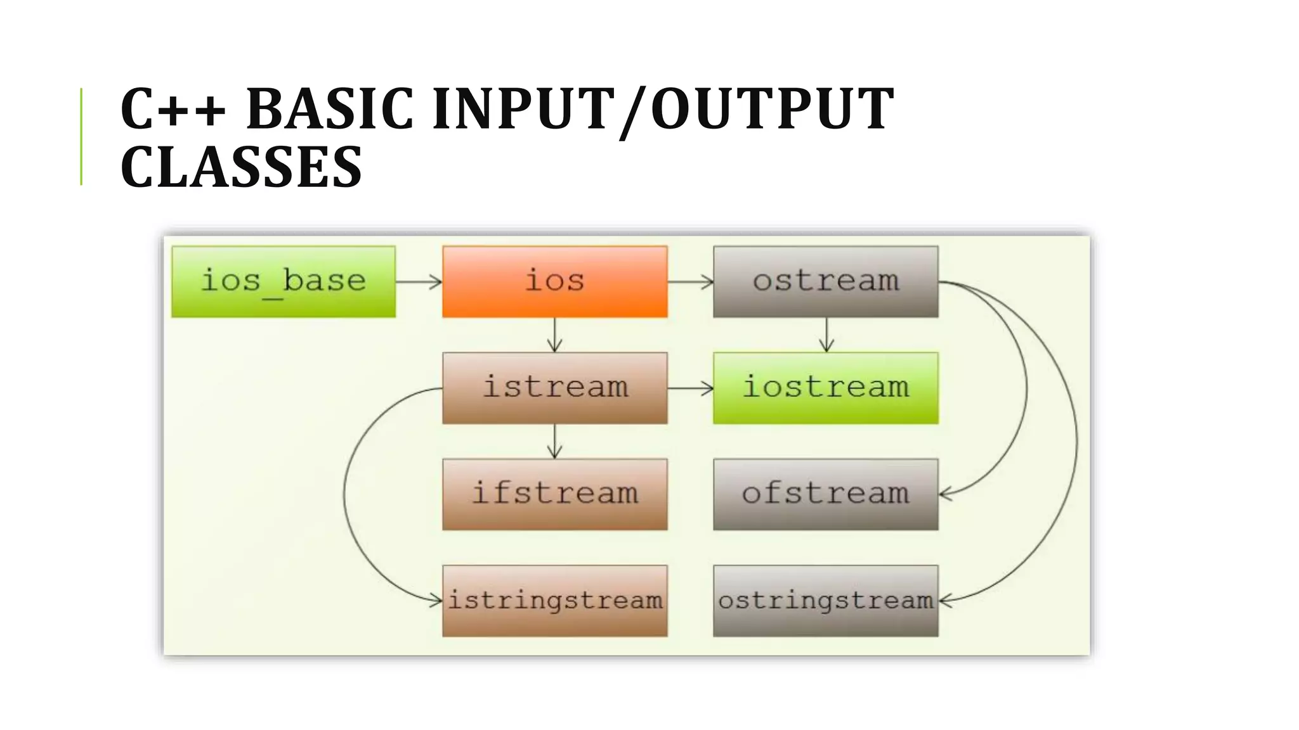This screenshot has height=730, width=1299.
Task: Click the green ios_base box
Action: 284,281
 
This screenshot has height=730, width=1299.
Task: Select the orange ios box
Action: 555,281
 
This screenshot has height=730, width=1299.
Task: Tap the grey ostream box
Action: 825,281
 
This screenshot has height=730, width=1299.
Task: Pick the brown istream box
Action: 555,388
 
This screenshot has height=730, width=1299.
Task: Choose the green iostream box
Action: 825,388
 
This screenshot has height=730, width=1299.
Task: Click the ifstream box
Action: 555,494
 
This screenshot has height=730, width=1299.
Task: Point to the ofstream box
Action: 825,494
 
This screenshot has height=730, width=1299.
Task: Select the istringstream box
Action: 555,601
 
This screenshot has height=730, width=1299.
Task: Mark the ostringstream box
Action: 825,601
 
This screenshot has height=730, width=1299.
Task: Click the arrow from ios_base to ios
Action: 419,282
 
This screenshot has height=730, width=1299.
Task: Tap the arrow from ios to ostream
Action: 690,282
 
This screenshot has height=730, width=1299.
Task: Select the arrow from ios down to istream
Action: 555,335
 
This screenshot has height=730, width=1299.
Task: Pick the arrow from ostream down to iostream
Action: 826,335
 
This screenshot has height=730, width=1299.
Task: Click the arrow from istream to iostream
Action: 690,388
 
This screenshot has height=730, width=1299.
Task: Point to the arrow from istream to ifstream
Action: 555,441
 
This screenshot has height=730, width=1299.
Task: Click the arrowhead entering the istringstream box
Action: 436,600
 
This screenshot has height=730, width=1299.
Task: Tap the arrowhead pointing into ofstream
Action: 945,494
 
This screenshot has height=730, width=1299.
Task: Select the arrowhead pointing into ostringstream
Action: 945,600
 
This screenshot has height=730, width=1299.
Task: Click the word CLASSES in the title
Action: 241,167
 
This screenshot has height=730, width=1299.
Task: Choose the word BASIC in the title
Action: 330,109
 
